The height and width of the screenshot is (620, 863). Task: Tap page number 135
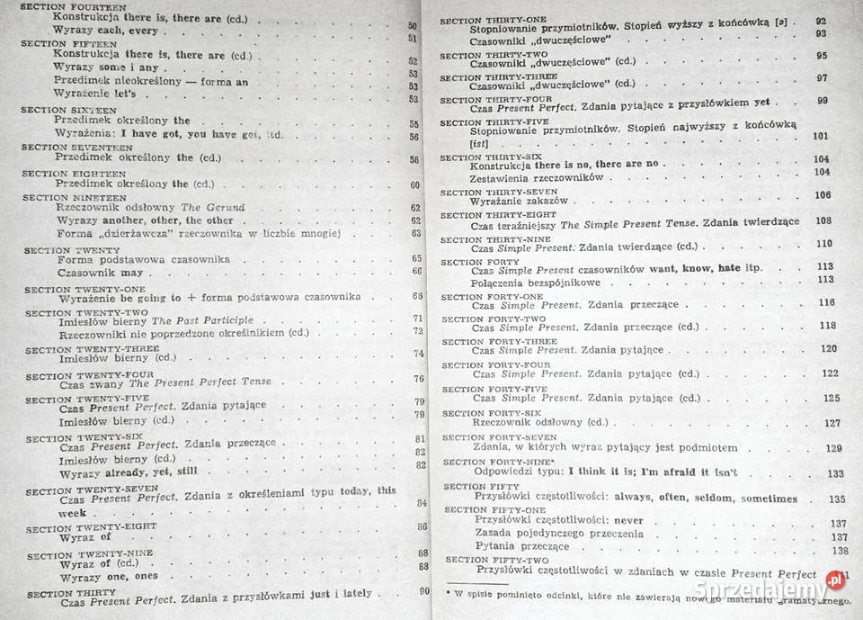(x=837, y=499)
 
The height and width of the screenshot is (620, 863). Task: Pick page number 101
(x=819, y=136)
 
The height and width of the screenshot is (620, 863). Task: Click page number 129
(x=833, y=448)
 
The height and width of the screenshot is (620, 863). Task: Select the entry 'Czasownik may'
(x=100, y=271)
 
